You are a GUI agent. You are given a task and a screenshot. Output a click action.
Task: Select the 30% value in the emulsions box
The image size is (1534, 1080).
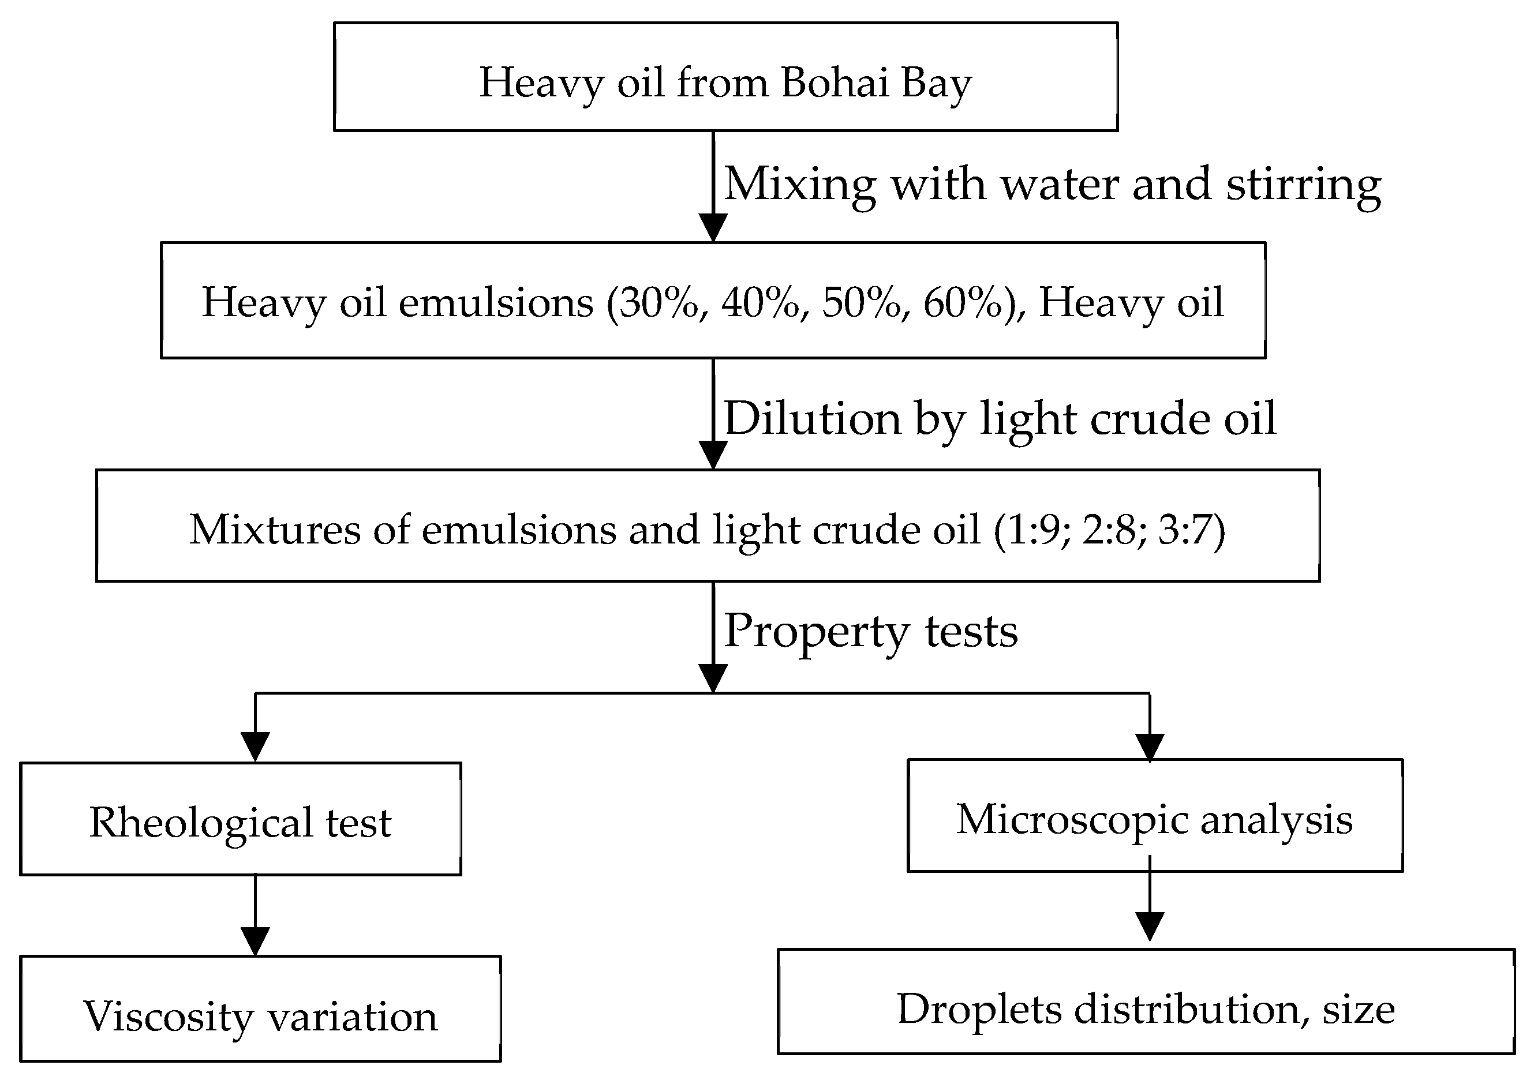coord(658,302)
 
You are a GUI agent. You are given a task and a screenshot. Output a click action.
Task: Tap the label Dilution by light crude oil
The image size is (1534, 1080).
coord(1000,419)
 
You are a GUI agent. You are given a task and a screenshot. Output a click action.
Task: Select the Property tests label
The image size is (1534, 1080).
coord(870,631)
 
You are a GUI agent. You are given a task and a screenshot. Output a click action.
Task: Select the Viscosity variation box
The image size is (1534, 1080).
coord(260,1015)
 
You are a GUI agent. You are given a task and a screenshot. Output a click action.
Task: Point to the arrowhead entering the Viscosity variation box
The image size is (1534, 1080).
coord(255,941)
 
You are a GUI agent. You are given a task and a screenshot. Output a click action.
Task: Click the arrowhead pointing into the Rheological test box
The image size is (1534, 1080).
coord(255,746)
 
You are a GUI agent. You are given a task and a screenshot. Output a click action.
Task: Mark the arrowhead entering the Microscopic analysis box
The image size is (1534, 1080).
coord(1150,747)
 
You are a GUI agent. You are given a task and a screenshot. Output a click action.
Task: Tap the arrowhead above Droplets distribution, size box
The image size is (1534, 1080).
coord(1150,926)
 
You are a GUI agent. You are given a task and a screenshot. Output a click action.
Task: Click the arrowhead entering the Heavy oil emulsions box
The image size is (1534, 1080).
coord(713,228)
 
